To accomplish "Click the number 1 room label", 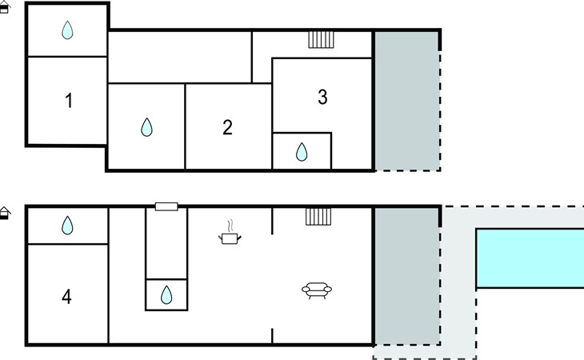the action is (69, 101).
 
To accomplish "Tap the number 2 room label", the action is (227, 127).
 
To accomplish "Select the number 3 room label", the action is (322, 97).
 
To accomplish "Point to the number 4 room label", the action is (66, 297).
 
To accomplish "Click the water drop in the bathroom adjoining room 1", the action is (67, 30).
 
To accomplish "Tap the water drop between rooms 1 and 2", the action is (146, 127).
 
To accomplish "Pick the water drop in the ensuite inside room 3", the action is (302, 152).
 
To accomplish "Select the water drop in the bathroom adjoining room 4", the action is (67, 226).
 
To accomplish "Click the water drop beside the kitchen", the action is (166, 295).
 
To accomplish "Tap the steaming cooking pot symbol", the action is (230, 233).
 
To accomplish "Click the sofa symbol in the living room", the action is (317, 290).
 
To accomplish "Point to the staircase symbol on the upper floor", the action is (321, 40).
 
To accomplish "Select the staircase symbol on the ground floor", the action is (318, 217).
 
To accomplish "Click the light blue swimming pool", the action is (530, 258).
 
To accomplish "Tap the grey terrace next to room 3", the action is (406, 101).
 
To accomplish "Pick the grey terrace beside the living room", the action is (406, 276).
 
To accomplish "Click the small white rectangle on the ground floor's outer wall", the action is (166, 206).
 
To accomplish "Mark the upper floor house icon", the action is (5, 7).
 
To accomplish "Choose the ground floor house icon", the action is (5, 213).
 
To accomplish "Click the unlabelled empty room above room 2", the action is (179, 57).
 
